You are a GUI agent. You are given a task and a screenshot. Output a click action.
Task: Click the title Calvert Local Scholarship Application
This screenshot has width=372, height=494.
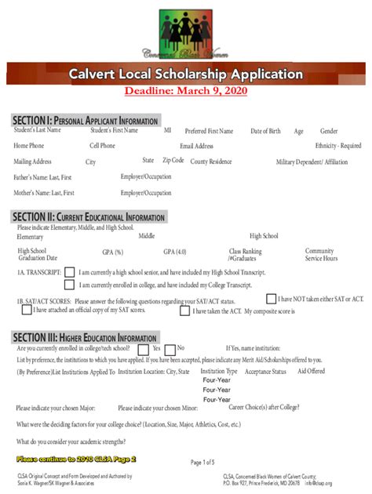[x=185, y=74]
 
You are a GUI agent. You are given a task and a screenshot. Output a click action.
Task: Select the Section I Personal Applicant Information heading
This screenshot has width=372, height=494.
[x=86, y=120]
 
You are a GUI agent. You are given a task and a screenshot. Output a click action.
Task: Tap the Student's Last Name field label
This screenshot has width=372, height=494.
[x=37, y=130]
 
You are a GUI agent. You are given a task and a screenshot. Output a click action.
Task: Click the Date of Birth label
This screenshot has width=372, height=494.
[x=265, y=131]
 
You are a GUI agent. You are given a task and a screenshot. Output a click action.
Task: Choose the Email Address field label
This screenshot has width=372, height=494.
[x=196, y=146]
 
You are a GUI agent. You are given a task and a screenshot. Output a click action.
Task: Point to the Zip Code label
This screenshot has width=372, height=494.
[x=173, y=160]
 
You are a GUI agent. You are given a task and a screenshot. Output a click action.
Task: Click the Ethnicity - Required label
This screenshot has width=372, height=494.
[x=338, y=146]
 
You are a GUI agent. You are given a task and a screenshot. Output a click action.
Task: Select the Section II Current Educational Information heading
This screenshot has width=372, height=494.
[x=89, y=216]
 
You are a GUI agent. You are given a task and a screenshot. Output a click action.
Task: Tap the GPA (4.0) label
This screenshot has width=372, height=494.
[x=175, y=252]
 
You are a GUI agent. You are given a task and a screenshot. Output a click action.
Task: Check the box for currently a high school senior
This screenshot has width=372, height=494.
[x=70, y=272]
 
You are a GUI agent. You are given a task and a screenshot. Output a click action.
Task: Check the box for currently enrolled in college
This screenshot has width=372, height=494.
[x=70, y=285]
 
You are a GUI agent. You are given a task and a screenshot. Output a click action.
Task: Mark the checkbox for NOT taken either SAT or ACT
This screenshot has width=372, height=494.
[x=271, y=299]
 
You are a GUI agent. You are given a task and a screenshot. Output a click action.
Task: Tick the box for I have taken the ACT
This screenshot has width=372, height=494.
[x=185, y=311]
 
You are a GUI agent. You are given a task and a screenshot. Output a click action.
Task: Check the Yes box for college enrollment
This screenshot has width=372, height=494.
[x=144, y=349]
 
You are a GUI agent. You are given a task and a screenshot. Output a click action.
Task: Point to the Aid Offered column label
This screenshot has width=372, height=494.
[x=311, y=371]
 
